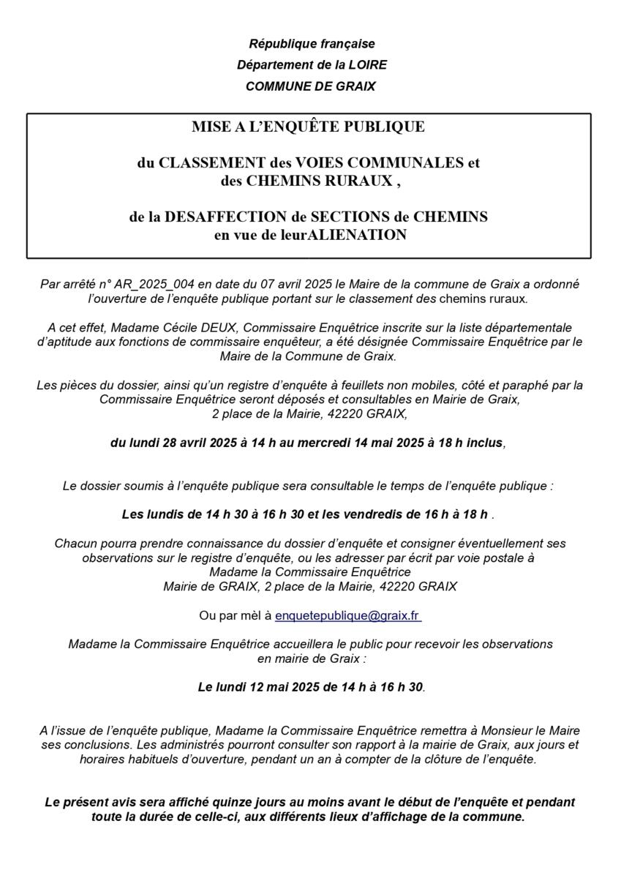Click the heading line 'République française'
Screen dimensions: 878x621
(312, 44)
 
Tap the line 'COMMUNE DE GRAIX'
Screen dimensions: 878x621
(311, 86)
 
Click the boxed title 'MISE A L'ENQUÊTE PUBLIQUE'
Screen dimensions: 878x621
(308, 127)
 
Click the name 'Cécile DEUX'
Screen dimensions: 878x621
(202, 328)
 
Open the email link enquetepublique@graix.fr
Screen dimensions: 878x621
(347, 616)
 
